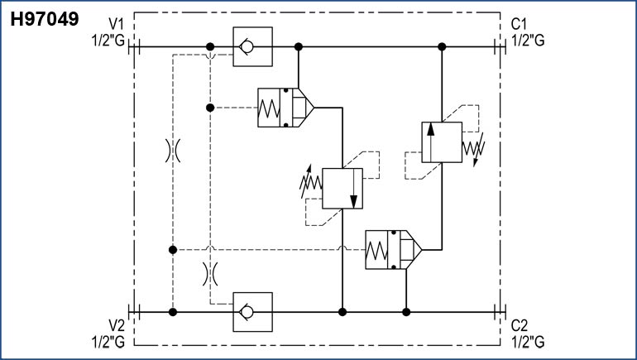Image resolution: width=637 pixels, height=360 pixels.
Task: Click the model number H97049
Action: point(44,18)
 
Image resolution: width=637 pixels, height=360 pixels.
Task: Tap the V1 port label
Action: point(119,24)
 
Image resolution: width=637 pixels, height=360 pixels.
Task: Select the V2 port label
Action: point(119,325)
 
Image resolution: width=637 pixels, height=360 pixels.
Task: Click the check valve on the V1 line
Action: point(247,47)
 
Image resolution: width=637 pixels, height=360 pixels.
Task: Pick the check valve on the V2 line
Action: point(247,312)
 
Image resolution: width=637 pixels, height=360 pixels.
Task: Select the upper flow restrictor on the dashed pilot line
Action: point(172,150)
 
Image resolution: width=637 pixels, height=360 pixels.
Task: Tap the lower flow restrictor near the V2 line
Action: point(210,272)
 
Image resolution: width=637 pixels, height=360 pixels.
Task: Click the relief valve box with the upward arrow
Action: point(441,142)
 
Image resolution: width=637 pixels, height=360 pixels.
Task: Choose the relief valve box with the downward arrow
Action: point(342,189)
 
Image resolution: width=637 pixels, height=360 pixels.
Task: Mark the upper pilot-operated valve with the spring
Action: point(283,108)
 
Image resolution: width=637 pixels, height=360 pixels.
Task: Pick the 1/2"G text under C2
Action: point(528,339)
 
